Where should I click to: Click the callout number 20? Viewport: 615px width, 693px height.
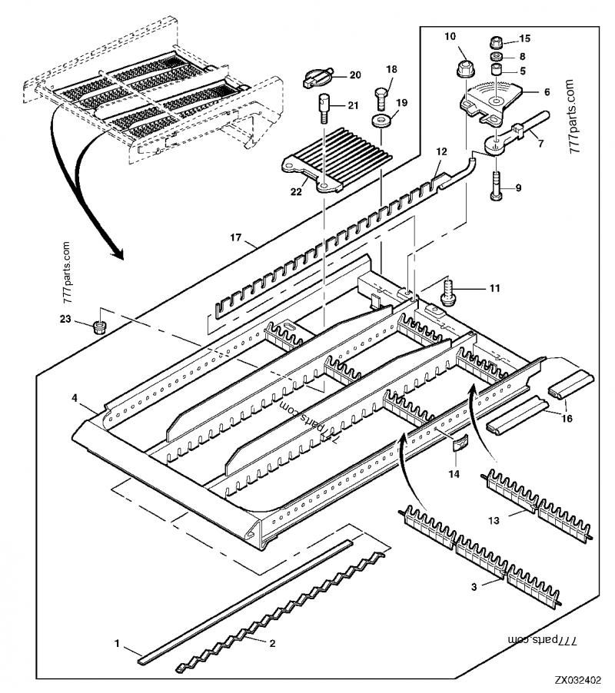tap(354, 75)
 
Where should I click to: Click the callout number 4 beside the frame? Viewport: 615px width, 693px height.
tap(75, 398)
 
